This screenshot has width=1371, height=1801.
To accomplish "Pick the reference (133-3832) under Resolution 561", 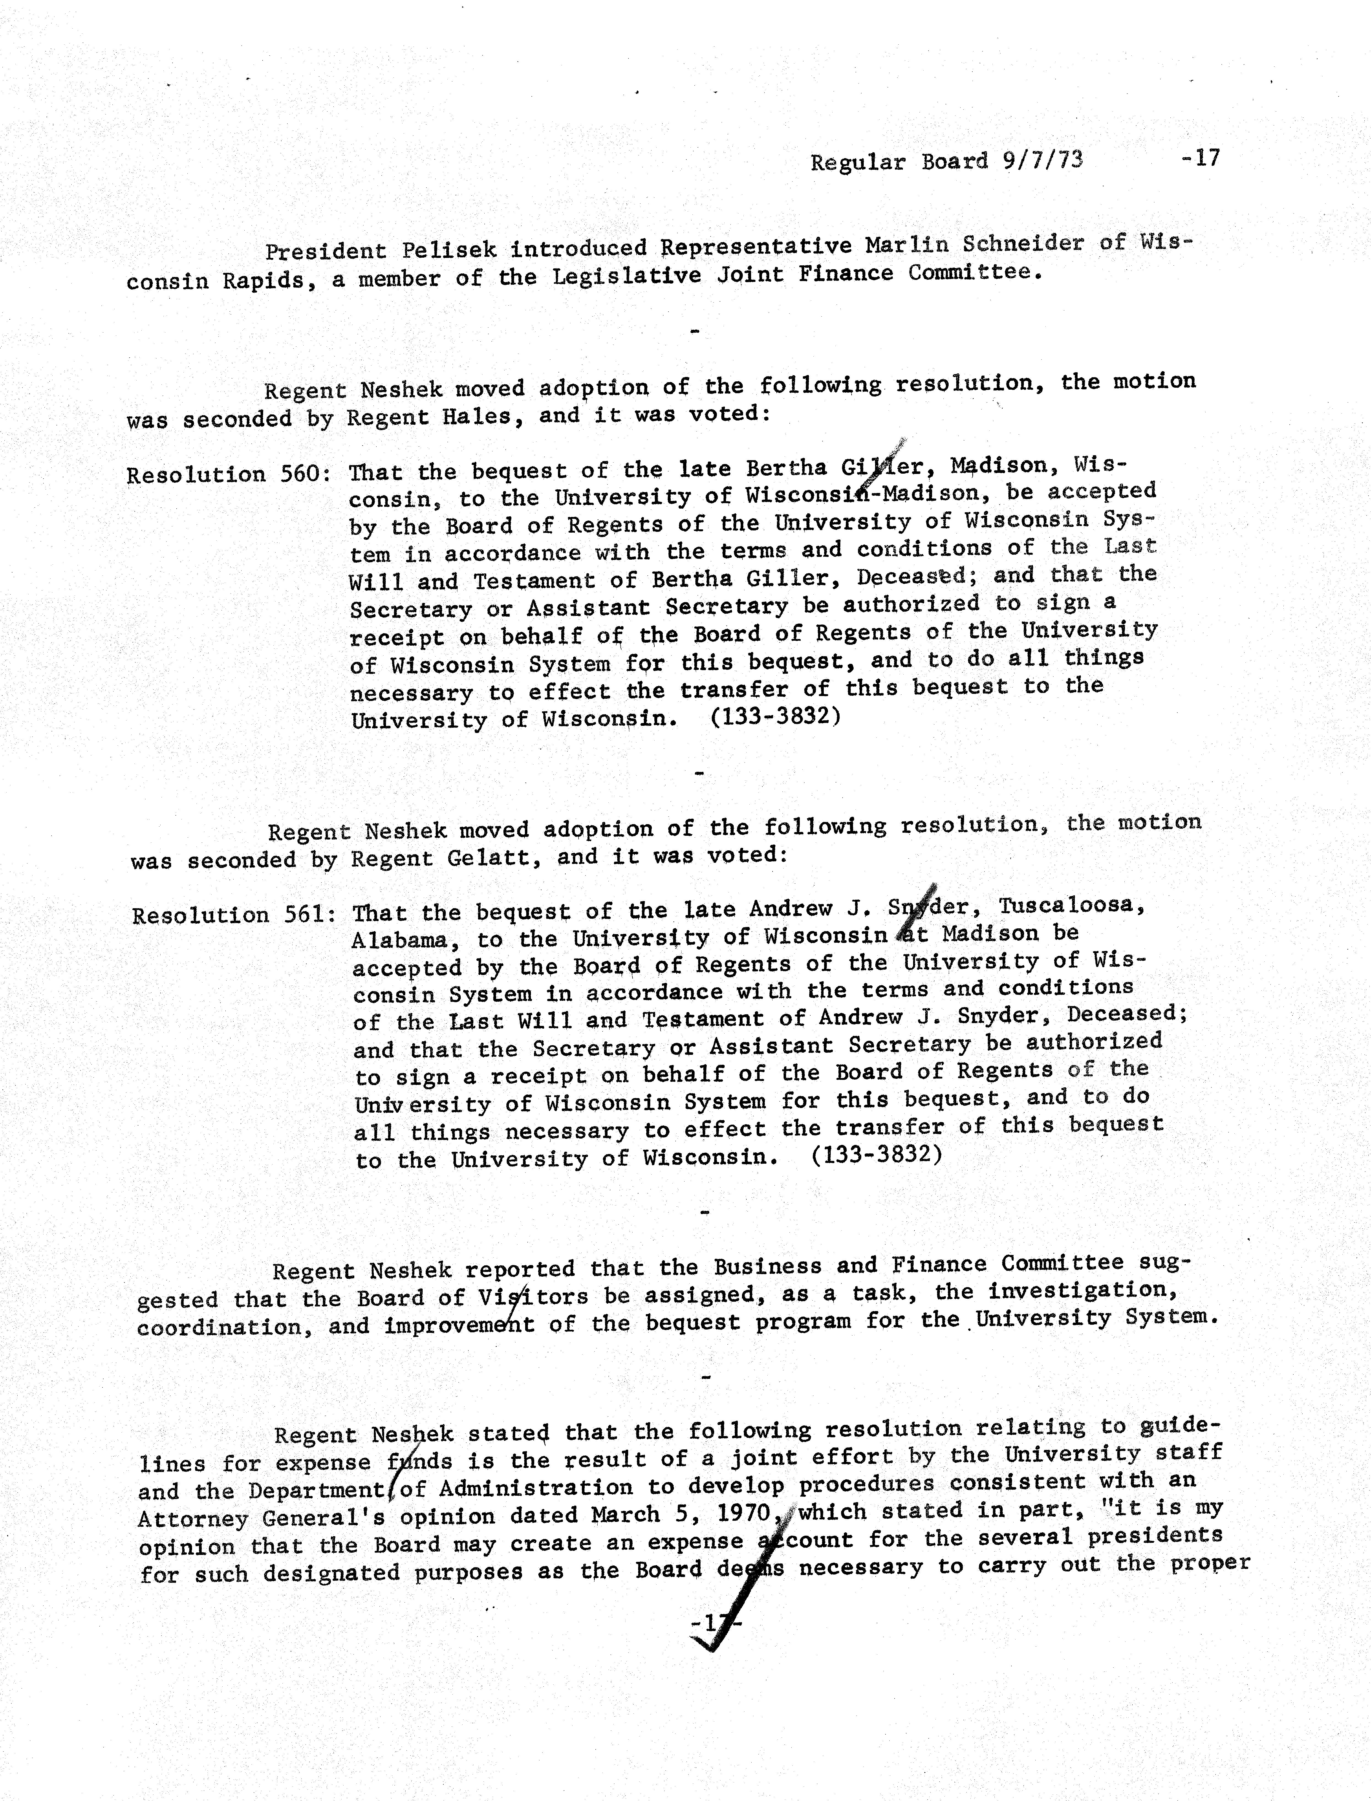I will [x=876, y=1155].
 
